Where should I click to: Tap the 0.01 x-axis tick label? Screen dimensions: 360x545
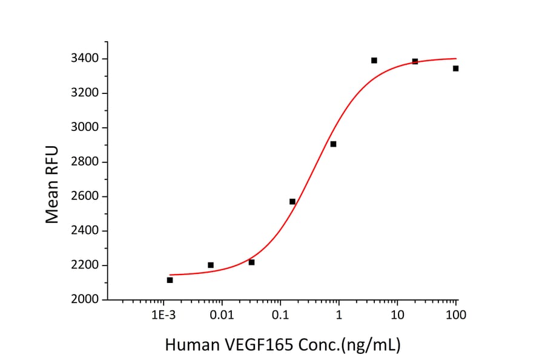click(222, 316)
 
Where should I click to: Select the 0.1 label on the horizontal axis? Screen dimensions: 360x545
click(280, 316)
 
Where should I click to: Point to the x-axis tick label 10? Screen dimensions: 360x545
click(397, 316)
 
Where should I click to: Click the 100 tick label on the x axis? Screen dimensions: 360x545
click(456, 316)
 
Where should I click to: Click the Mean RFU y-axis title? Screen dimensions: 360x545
click(53, 184)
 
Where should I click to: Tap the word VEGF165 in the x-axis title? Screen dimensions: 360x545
click(262, 345)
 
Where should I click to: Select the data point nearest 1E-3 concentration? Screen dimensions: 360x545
click(170, 280)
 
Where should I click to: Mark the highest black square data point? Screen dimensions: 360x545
click(374, 60)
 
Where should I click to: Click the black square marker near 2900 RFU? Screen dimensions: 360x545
click(333, 144)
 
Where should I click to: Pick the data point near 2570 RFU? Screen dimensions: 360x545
click(292, 201)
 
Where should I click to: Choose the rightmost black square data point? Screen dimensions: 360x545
click(455, 68)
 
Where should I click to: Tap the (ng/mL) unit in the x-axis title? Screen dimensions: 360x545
click(370, 345)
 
